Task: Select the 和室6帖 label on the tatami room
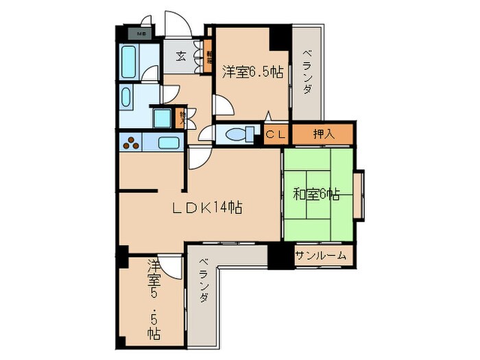click(316, 194)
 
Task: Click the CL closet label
click(276, 134)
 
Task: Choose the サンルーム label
click(320, 256)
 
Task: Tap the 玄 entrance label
click(180, 56)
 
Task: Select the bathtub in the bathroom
click(129, 63)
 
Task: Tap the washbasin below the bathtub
click(128, 97)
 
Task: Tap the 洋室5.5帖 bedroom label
click(154, 300)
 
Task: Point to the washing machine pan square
click(163, 118)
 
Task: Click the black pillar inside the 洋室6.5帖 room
click(279, 36)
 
